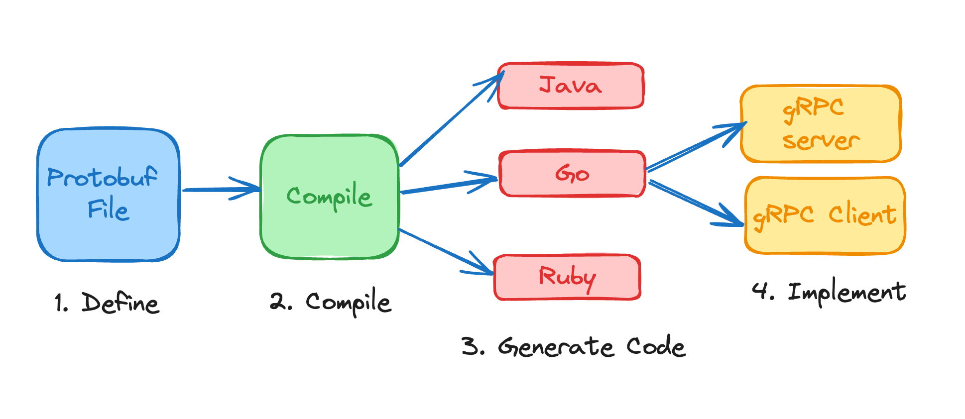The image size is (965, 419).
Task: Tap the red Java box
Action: pos(571,86)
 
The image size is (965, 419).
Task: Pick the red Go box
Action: pos(573,174)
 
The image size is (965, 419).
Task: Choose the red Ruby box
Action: pos(567,277)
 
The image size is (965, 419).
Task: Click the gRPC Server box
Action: pos(821,124)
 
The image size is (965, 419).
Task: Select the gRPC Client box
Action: pos(825,215)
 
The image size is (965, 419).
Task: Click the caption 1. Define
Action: pos(107,303)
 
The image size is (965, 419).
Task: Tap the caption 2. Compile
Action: pos(331,302)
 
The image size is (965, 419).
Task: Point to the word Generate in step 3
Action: pos(556,347)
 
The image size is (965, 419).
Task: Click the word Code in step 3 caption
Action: pos(656,347)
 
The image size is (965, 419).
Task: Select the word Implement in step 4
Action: pos(846,292)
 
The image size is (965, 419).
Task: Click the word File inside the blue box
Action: pos(108,209)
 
